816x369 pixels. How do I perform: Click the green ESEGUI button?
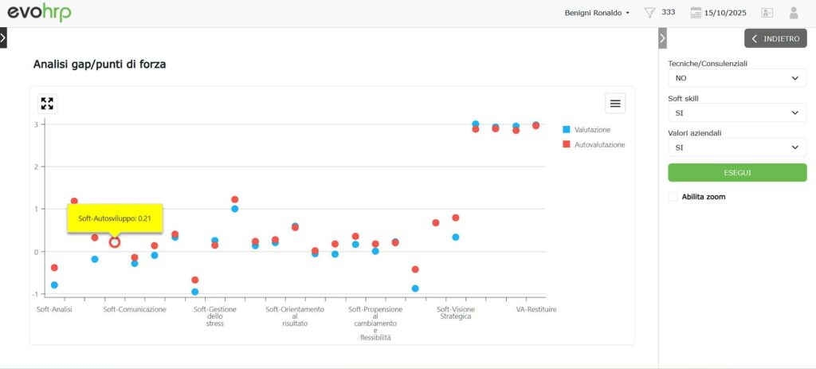736,172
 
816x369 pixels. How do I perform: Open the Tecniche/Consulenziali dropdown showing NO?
736,78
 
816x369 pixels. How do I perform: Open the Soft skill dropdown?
736,113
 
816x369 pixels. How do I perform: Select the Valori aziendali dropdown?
736,147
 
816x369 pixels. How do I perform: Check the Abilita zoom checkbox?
673,196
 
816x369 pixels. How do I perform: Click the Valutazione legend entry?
591,129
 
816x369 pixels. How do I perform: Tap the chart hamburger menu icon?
614,103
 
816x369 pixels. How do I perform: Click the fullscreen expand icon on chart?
47,103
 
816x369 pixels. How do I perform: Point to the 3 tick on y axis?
35,124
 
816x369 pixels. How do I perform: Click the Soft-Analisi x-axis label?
54,309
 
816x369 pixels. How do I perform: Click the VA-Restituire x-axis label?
535,309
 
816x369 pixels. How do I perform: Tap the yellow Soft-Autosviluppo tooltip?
115,217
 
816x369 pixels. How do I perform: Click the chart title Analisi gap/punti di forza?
100,64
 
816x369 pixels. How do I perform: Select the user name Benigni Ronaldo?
594,13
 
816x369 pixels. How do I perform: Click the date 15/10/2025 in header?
725,13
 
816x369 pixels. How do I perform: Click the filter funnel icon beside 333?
649,13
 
